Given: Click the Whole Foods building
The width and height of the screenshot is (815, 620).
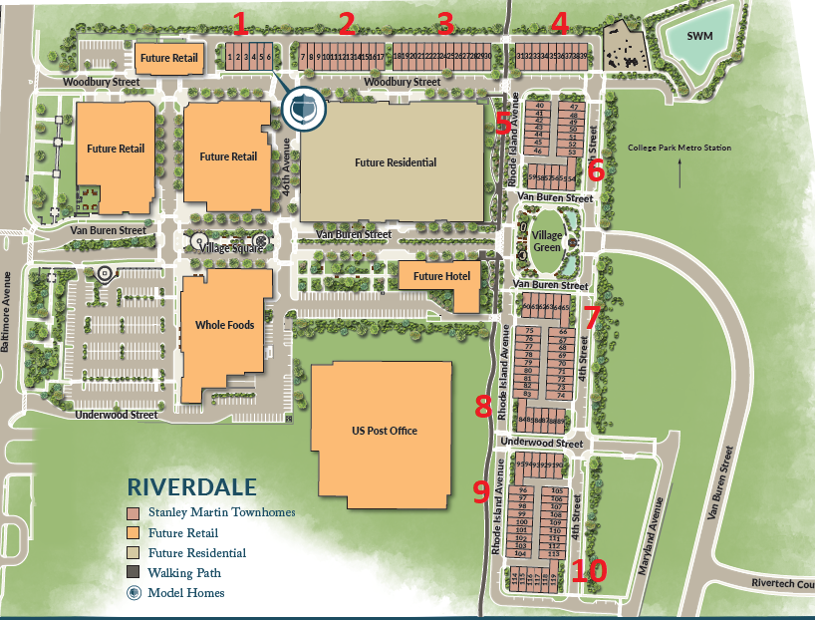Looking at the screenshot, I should pos(225,325).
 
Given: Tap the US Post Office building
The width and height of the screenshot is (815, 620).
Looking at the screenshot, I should pos(384,431).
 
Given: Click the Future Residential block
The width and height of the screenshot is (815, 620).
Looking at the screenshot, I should pos(396,162).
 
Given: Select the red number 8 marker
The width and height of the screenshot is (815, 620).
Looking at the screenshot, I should pos(484,406).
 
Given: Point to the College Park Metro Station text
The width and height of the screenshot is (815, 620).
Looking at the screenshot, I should pos(679,149).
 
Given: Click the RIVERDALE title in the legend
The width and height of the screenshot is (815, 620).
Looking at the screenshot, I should pos(191,488).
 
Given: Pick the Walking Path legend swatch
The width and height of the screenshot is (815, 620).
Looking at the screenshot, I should pos(133,573).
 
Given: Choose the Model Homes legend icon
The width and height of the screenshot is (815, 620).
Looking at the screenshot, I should pos(133,593).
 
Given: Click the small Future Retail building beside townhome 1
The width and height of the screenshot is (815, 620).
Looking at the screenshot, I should pos(168,58).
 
